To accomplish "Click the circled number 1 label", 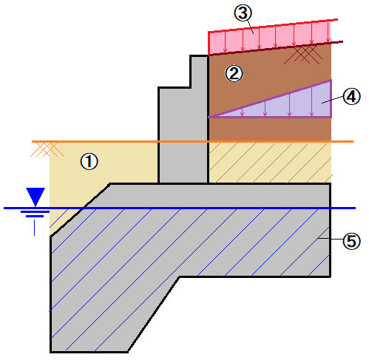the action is coord(89,162).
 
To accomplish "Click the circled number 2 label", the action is coord(234,73).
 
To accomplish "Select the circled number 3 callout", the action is coord(243,13).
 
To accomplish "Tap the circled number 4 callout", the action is coord(352,97).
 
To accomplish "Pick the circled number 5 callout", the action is coord(352,241).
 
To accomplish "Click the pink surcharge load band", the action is coord(271,37).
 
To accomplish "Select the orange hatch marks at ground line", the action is coord(47,149).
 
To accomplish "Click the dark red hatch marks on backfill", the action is coord(303,55).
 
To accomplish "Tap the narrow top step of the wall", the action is coord(199,72).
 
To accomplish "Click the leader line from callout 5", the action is coord(331,239).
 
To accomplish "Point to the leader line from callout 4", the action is coord(333,100).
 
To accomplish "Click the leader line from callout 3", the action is coord(249,27).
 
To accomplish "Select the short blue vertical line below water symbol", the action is coord(34,228).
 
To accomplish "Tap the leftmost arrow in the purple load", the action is coord(243,112).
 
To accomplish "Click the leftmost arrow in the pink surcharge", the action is coord(225,42).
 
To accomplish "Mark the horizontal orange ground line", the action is coord(192,142).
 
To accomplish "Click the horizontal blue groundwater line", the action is coord(180,208).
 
